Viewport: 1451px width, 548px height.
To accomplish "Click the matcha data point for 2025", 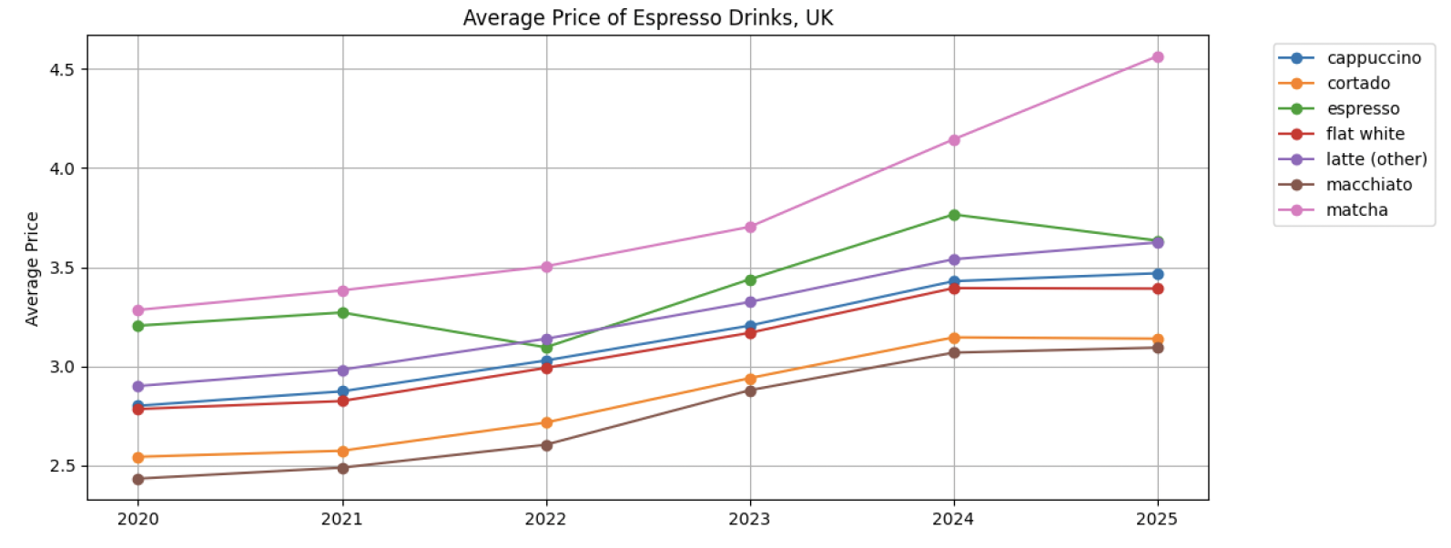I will (1158, 57).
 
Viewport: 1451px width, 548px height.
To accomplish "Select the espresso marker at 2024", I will (954, 215).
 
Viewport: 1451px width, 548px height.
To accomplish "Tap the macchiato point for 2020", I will (138, 479).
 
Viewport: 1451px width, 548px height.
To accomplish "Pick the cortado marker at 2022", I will (546, 422).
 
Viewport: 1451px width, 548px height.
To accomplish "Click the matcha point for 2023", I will (750, 227).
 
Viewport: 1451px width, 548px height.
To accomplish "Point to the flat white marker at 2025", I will (1158, 289).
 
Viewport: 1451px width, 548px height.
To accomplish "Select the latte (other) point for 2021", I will (342, 370).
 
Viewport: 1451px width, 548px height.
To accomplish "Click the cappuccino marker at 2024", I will (954, 281).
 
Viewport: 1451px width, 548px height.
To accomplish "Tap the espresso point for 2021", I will (342, 312).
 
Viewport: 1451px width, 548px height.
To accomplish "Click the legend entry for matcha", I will (1356, 210).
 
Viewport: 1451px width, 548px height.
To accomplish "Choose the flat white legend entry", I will (1365, 134).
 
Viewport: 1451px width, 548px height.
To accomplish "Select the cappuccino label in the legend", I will (1373, 58).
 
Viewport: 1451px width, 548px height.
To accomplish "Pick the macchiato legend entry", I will (1368, 185).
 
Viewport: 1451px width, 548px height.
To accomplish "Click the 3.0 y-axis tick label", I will (62, 367).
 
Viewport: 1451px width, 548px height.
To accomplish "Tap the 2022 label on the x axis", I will (546, 520).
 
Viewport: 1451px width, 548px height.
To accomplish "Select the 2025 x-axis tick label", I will (1158, 520).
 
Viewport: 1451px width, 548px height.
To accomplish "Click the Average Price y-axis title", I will (33, 269).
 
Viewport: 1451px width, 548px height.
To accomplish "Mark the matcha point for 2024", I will (954, 140).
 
